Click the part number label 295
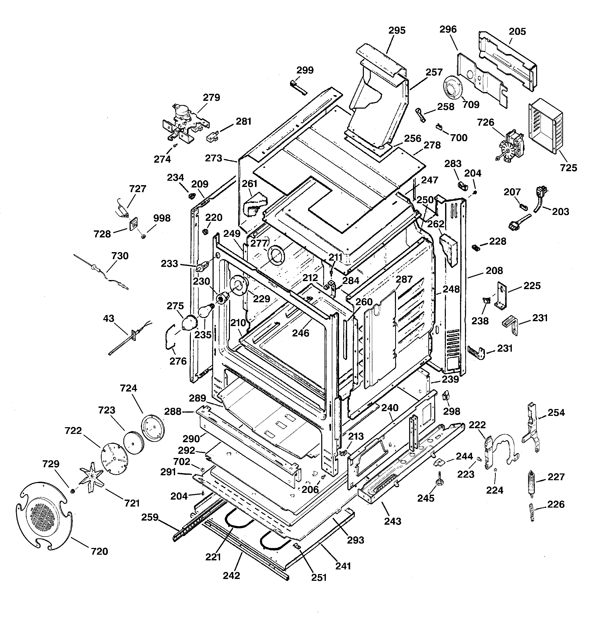tap(396, 30)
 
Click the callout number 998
tap(161, 218)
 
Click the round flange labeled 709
tap(453, 87)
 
